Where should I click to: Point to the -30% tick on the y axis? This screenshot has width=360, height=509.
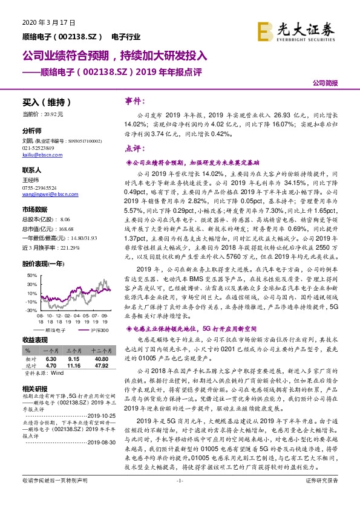30,310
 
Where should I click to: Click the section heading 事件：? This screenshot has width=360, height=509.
134,101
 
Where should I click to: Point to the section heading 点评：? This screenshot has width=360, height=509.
134,148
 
